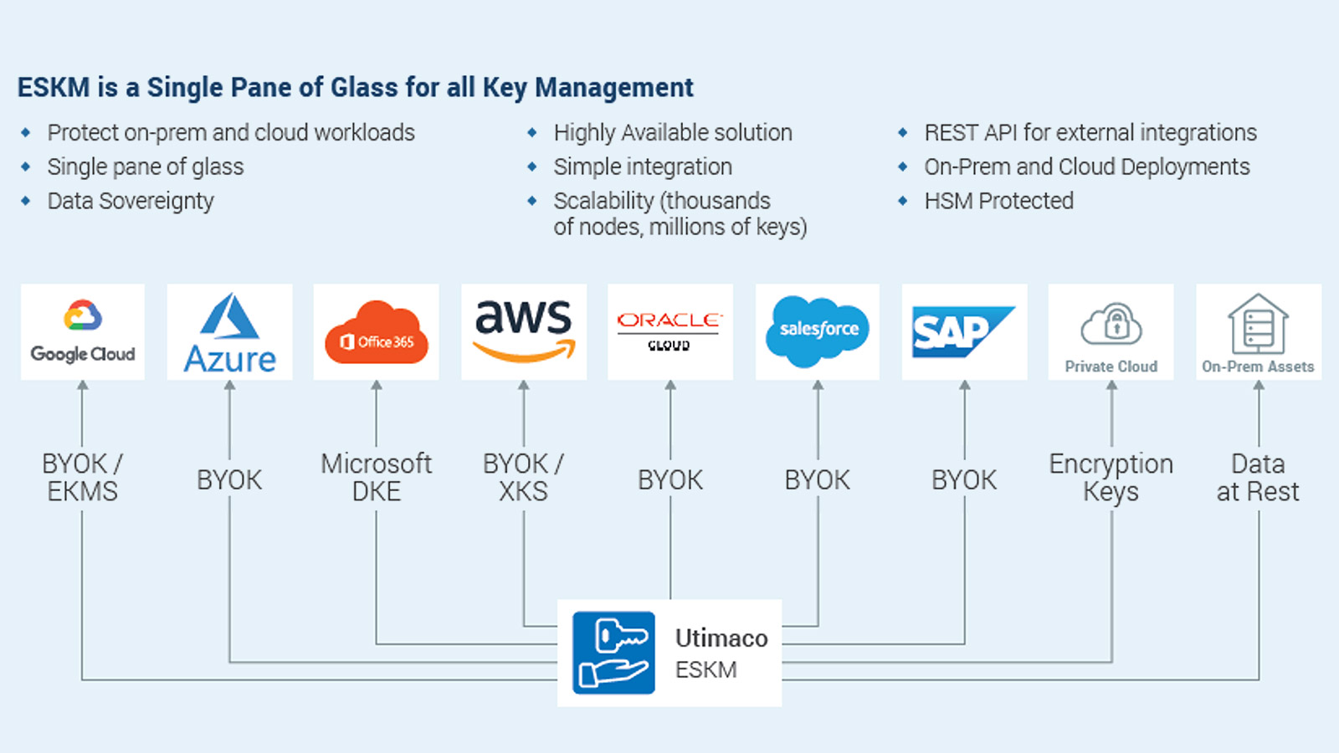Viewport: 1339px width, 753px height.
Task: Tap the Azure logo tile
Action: click(229, 332)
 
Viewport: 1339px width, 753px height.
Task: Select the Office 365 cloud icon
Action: click(376, 333)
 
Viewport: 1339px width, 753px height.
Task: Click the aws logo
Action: click(524, 330)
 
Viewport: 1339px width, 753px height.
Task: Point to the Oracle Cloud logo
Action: click(669, 330)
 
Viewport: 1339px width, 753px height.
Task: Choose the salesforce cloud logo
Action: click(818, 331)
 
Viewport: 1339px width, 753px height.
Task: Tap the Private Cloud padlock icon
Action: click(1111, 324)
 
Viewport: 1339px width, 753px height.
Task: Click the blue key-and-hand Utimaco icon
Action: click(613, 653)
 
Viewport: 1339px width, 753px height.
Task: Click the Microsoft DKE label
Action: click(376, 477)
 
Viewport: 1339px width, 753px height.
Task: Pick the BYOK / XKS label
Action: click(523, 477)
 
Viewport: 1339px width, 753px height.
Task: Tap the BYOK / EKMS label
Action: click(82, 477)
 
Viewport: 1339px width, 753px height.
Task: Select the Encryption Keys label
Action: click(1111, 477)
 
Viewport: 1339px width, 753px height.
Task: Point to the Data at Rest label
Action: click(1258, 477)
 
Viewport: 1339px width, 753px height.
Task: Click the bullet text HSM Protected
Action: click(998, 201)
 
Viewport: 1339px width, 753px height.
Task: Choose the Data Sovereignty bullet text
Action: click(131, 201)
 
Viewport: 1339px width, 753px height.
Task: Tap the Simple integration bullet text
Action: click(643, 166)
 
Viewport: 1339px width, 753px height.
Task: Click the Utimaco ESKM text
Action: click(721, 653)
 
